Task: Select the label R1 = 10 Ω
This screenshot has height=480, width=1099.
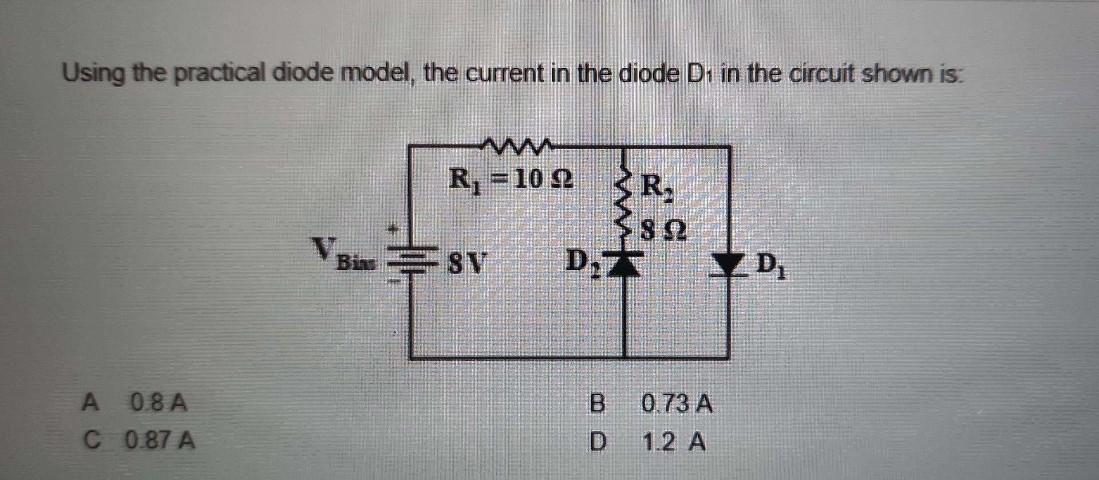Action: (511, 180)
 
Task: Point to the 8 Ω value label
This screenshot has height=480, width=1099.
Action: (663, 232)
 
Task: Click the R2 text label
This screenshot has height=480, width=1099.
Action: (657, 188)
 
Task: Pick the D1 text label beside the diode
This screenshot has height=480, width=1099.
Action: (771, 266)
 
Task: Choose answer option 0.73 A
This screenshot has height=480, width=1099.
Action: (677, 404)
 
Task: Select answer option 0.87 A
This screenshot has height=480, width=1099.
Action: (162, 440)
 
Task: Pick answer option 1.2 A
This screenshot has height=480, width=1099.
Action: (674, 442)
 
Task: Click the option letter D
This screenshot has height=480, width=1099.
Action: (596, 442)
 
